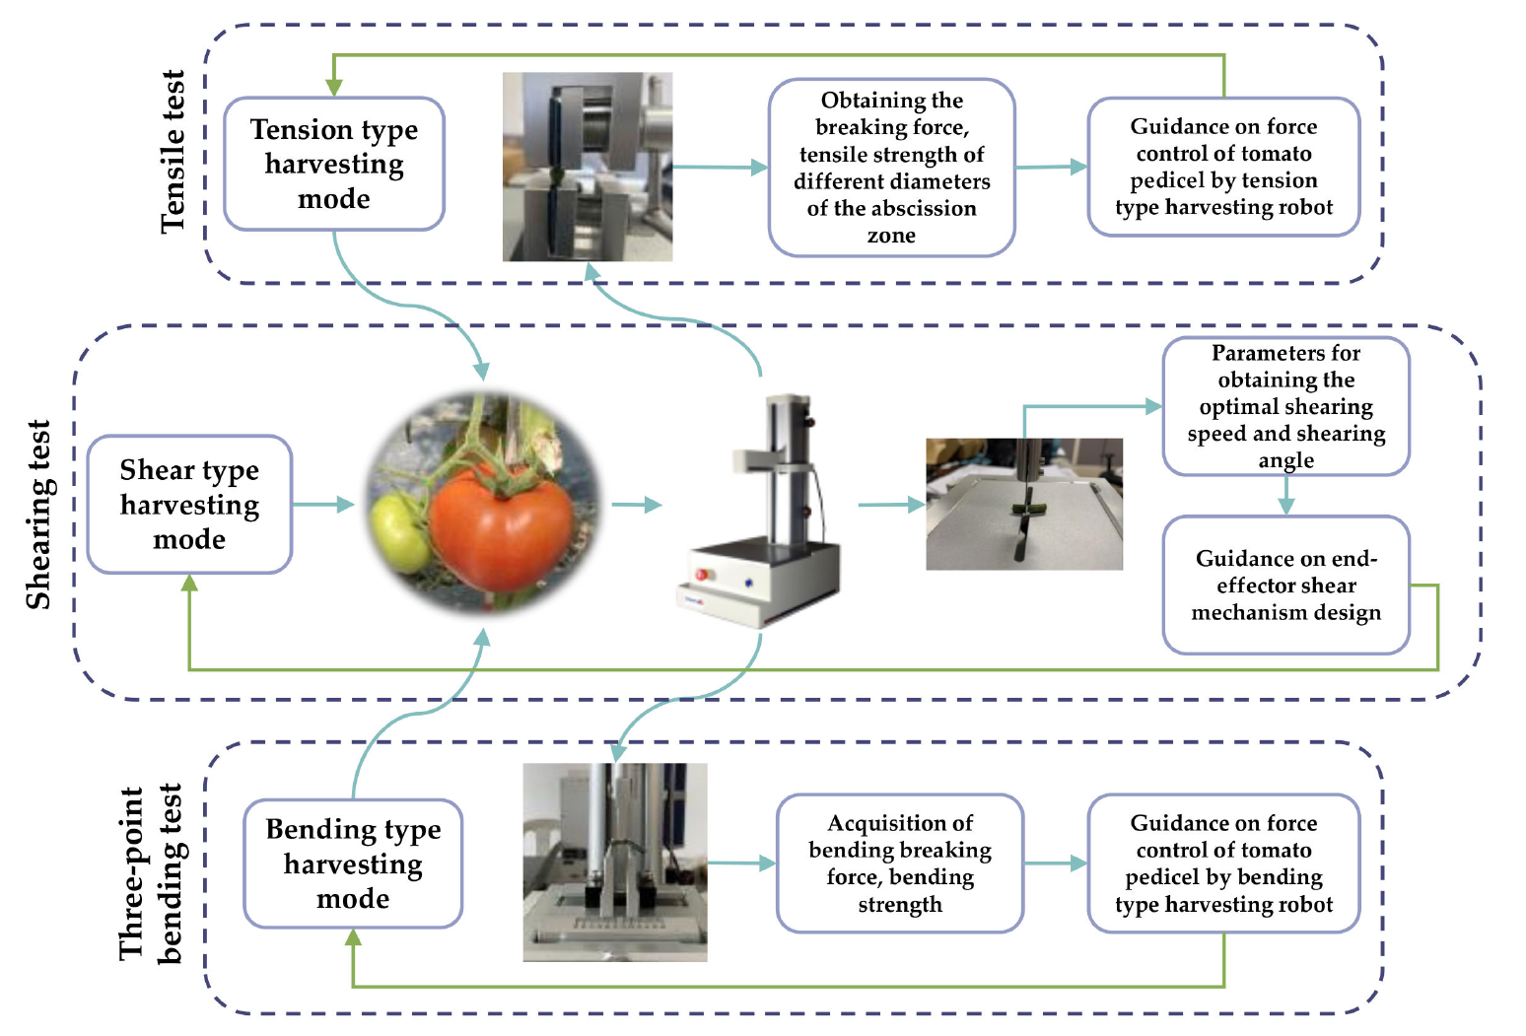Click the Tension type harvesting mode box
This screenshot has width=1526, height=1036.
(334, 164)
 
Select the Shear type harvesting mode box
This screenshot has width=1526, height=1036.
(189, 505)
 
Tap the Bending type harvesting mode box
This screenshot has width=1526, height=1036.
(353, 863)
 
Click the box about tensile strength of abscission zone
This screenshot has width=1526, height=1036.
(891, 168)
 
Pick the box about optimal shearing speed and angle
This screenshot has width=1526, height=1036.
(1285, 406)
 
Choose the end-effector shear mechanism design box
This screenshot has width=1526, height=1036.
(1285, 586)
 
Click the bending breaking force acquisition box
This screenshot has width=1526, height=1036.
(899, 863)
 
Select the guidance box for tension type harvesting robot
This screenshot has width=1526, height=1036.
(1223, 167)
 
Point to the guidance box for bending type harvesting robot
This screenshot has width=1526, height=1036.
(1223, 863)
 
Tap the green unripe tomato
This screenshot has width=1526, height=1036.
(399, 532)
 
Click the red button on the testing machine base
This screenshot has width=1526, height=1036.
(702, 574)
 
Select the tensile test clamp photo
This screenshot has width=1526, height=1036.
(588, 167)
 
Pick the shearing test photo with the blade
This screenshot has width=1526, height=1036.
(1024, 504)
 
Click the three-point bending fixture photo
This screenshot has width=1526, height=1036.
(614, 862)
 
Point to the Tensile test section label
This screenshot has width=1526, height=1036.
(173, 152)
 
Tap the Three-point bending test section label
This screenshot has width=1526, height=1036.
(150, 873)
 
